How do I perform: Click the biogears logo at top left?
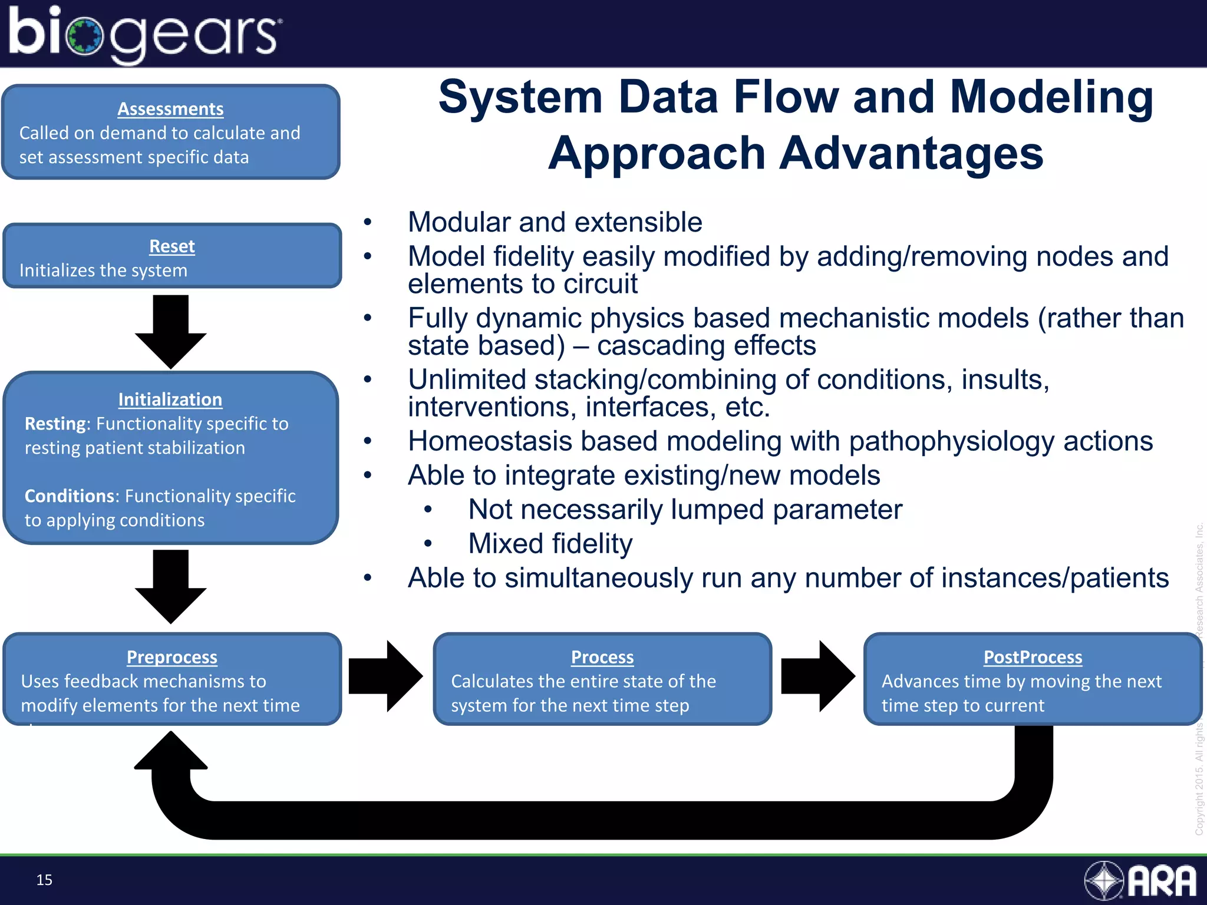[x=144, y=34]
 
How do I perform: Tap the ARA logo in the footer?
[x=1140, y=881]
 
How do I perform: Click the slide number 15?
[x=44, y=880]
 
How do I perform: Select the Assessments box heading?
[x=170, y=109]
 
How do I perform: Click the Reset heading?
[x=172, y=246]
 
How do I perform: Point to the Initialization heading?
[x=170, y=399]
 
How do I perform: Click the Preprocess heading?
[x=172, y=657]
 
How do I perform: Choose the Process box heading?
[x=602, y=657]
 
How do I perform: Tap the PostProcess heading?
[x=1033, y=657]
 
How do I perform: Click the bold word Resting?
[x=55, y=424]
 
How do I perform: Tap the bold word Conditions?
[x=71, y=496]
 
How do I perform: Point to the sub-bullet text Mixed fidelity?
[x=550, y=544]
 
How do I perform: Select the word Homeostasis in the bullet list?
[x=490, y=441]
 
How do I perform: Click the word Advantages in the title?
[x=912, y=153]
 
